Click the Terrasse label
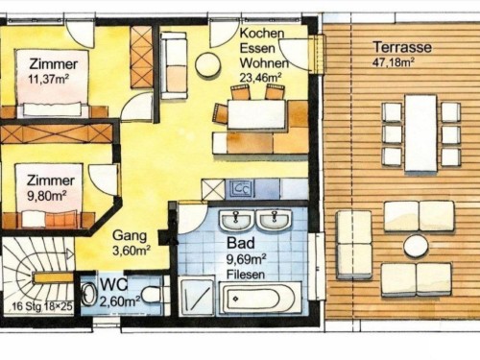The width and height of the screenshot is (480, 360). [x=402, y=47]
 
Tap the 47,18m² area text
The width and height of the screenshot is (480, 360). [x=394, y=62]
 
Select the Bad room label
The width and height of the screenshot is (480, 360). [x=241, y=243]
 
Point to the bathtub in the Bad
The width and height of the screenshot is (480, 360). [x=260, y=300]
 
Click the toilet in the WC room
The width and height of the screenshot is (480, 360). [x=151, y=295]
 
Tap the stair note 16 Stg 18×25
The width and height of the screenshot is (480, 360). [x=42, y=306]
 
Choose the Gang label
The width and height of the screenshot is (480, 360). [x=130, y=236]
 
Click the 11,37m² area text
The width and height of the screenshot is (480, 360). [x=49, y=79]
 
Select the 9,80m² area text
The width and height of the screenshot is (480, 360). [x=46, y=195]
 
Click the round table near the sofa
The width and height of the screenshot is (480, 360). [x=208, y=64]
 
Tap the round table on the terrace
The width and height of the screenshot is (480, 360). [x=416, y=246]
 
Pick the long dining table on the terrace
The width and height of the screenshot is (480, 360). [x=420, y=132]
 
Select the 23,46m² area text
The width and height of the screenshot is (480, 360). [x=260, y=78]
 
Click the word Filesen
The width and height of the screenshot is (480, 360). [x=246, y=275]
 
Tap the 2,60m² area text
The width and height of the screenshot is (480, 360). [x=120, y=300]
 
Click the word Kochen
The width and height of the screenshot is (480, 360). [x=262, y=34]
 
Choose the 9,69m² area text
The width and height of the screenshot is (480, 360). [x=247, y=259]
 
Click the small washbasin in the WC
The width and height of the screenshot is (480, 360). [x=89, y=295]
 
